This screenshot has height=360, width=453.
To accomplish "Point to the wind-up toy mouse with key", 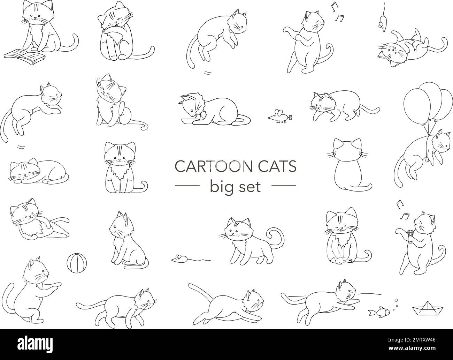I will (x=279, y=116).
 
